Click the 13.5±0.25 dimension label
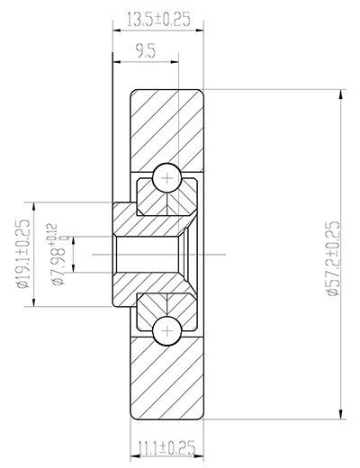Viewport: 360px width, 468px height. [x=158, y=17]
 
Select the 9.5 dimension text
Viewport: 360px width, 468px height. [x=143, y=52]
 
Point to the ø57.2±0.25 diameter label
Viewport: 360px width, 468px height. [x=332, y=255]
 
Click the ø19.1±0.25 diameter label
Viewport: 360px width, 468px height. [x=24, y=255]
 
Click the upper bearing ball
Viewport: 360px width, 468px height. [x=166, y=178]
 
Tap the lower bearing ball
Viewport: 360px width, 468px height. [x=166, y=330]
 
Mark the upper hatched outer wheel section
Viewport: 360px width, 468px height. [x=169, y=126]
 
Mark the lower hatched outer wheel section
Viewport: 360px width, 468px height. [x=169, y=382]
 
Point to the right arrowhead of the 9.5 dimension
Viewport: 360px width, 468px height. [x=175, y=60]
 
